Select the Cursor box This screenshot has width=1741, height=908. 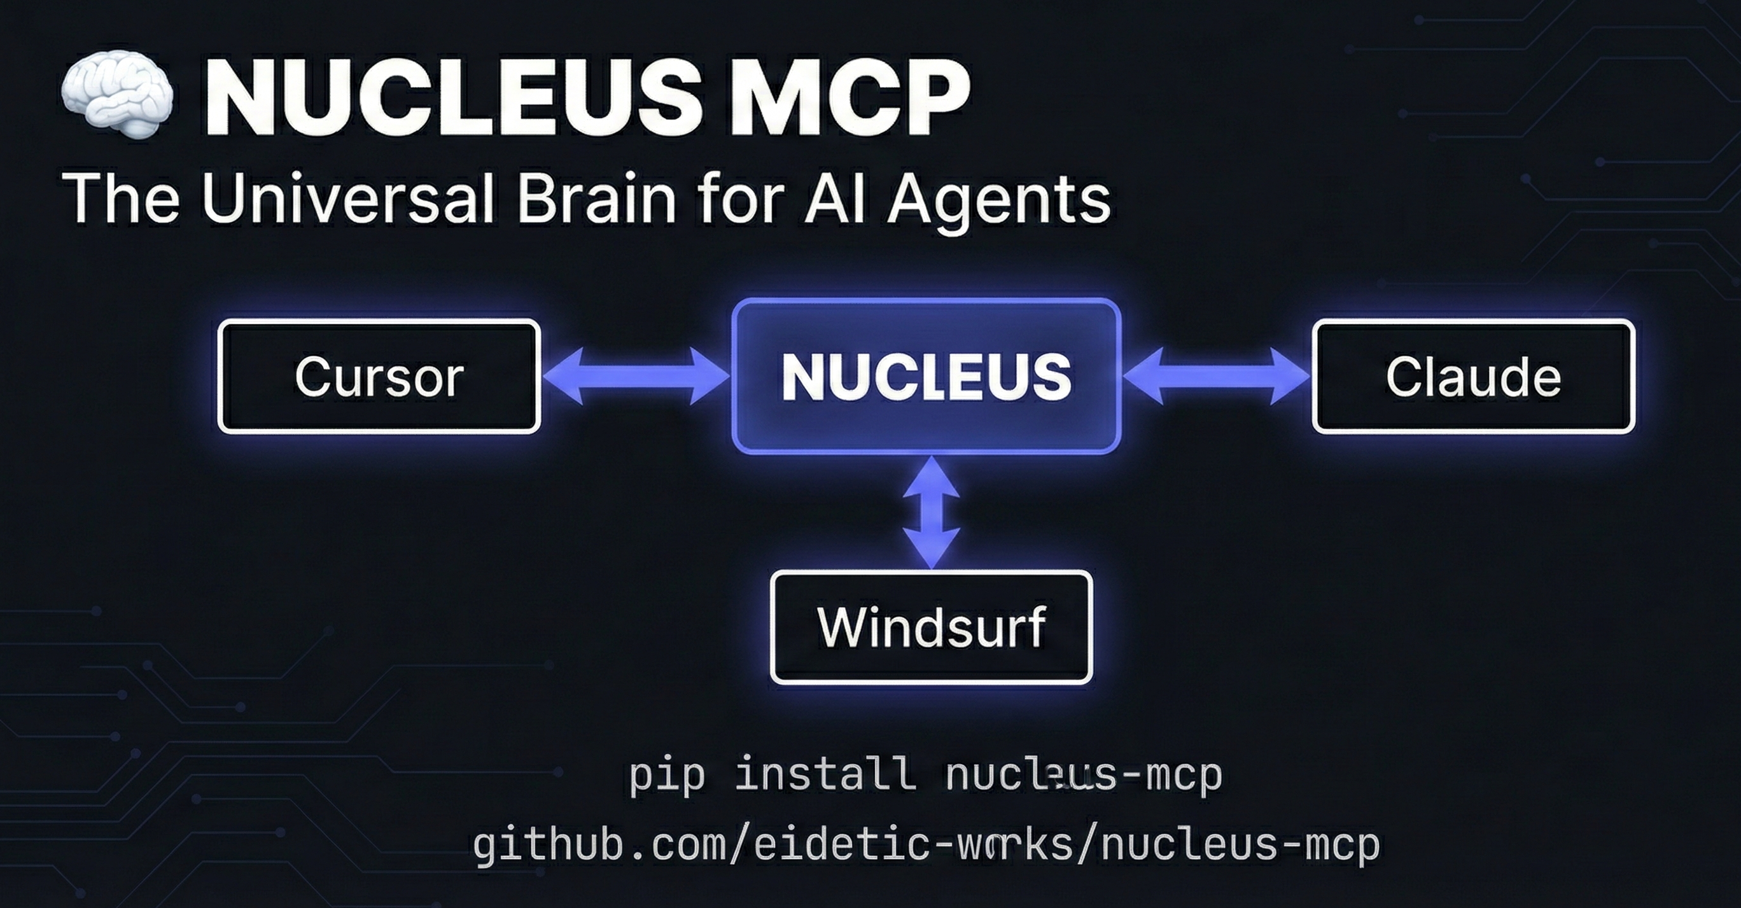[x=379, y=376]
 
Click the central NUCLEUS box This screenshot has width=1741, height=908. [x=926, y=376]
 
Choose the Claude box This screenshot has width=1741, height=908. [x=1473, y=376]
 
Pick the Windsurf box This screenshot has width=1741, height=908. [x=932, y=627]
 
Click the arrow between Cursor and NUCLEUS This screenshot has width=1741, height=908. [x=636, y=376]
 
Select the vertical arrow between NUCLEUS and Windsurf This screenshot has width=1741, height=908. [x=932, y=512]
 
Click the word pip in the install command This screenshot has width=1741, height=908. [x=667, y=776]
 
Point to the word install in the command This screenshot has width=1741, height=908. [x=825, y=774]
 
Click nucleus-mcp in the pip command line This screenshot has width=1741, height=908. [x=1084, y=774]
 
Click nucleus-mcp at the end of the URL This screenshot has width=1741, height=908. [x=1240, y=845]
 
